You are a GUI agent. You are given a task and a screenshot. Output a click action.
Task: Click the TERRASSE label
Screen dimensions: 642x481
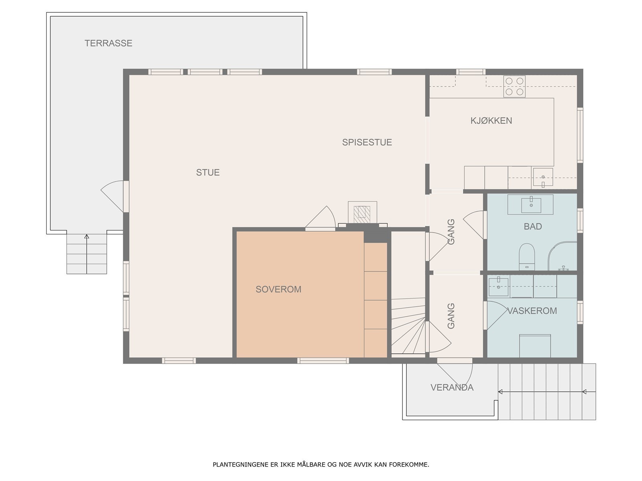108,43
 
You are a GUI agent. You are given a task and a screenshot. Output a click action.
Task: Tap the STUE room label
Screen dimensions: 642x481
208,172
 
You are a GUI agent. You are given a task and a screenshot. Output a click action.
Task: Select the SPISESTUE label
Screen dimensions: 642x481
367,142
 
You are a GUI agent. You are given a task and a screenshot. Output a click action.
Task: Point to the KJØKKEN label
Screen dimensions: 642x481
491,121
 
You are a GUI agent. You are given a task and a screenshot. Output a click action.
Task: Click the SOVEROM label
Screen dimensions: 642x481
278,289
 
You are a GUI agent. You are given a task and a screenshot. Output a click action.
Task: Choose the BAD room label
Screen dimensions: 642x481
532,226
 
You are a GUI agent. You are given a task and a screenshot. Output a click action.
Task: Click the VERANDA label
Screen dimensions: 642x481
452,387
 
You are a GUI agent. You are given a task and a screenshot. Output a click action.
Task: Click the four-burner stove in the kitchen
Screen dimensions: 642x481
514,87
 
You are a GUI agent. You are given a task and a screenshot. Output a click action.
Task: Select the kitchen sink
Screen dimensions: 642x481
543,177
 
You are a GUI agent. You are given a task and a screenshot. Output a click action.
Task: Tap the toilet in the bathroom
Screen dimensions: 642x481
527,257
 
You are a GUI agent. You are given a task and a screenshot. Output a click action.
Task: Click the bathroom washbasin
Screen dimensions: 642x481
531,205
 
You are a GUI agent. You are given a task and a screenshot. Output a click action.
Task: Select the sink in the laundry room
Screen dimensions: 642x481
498,287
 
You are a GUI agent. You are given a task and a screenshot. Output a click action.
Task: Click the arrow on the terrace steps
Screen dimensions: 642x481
87,253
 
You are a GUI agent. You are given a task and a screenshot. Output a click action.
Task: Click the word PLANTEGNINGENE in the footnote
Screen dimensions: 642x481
240,464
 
